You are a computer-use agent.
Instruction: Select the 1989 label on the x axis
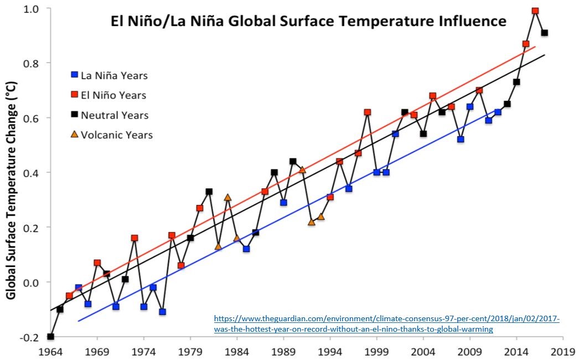click(x=283, y=351)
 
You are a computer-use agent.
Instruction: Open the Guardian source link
click(x=387, y=324)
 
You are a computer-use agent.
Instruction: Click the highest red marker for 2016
click(x=535, y=11)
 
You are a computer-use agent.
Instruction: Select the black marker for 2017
click(x=544, y=33)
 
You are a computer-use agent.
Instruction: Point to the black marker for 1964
click(x=51, y=336)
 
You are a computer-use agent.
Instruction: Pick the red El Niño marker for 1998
click(x=367, y=112)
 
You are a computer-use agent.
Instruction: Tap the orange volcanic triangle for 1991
click(x=302, y=169)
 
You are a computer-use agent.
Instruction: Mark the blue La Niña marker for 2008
click(x=461, y=140)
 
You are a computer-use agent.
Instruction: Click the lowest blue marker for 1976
click(x=162, y=312)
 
